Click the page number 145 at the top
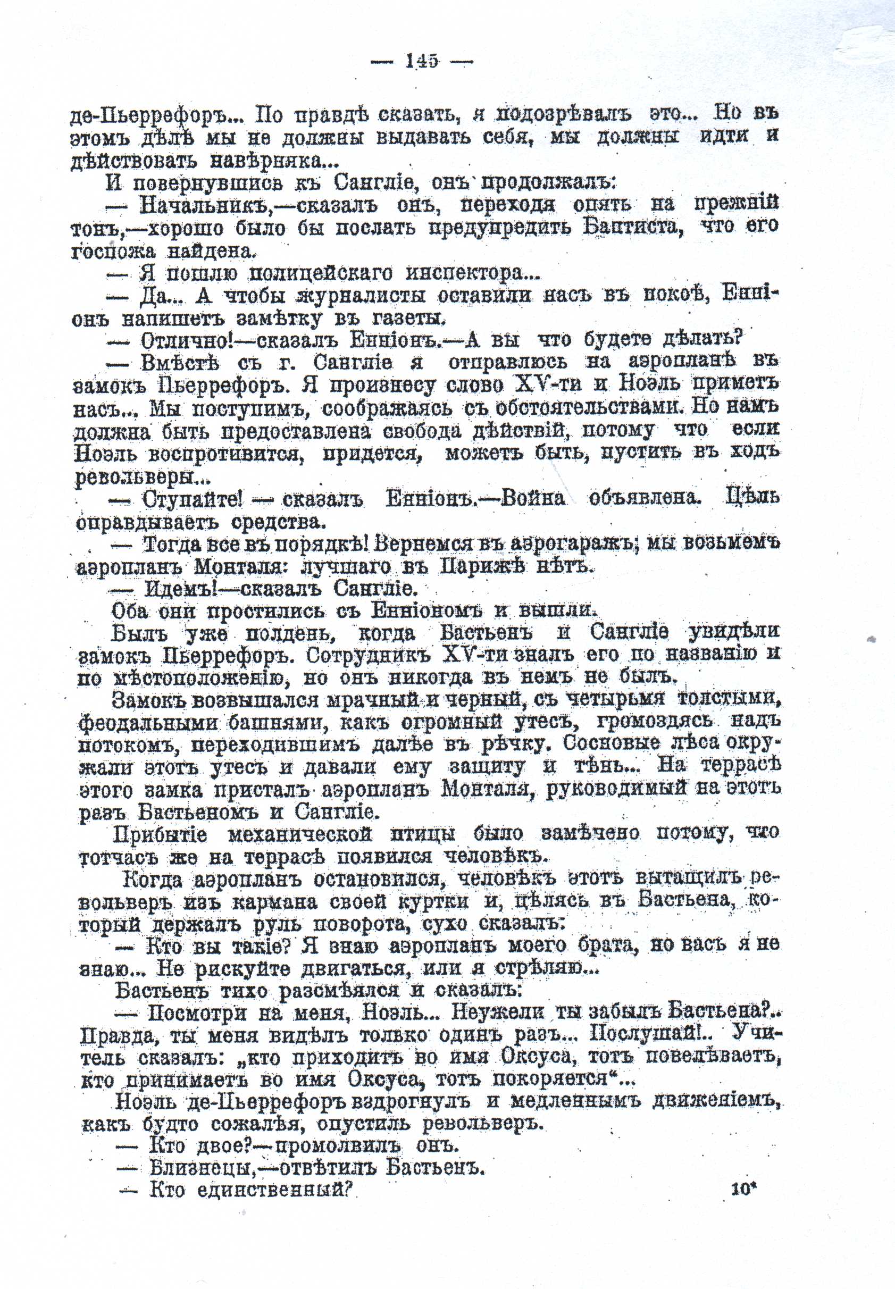(x=422, y=61)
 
